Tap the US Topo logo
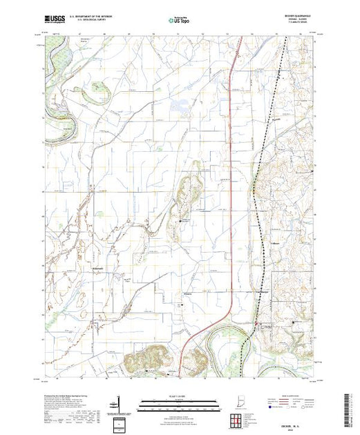pos(180,21)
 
